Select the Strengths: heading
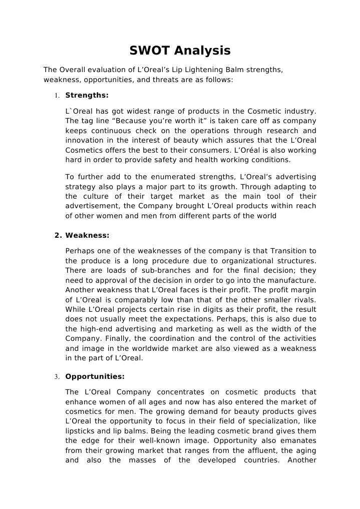(x=87, y=95)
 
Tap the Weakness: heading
(x=87, y=235)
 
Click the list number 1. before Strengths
(x=57, y=95)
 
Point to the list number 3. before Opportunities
(x=57, y=377)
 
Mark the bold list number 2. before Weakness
(x=58, y=235)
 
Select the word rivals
(x=304, y=300)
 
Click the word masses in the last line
(x=142, y=460)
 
